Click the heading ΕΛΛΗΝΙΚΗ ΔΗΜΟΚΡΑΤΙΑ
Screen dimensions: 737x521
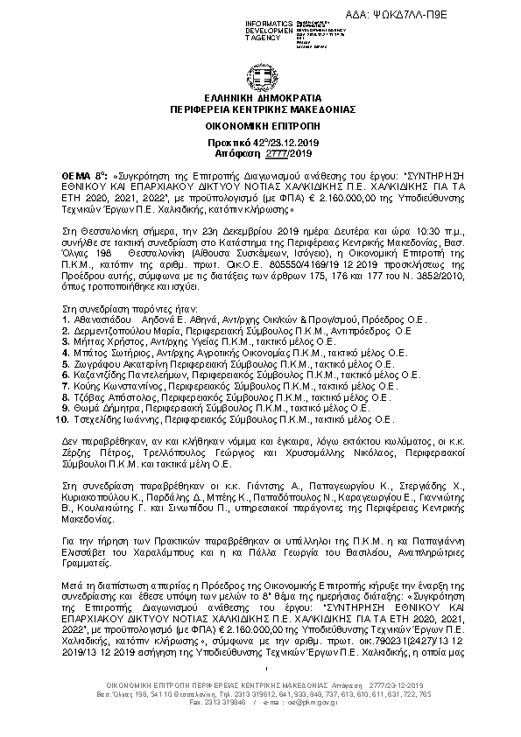(259, 99)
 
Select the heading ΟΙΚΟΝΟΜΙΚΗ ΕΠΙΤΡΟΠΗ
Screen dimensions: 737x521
(259, 126)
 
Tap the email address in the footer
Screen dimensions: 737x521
(328, 702)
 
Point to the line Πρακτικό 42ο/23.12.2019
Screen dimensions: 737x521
(259, 141)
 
